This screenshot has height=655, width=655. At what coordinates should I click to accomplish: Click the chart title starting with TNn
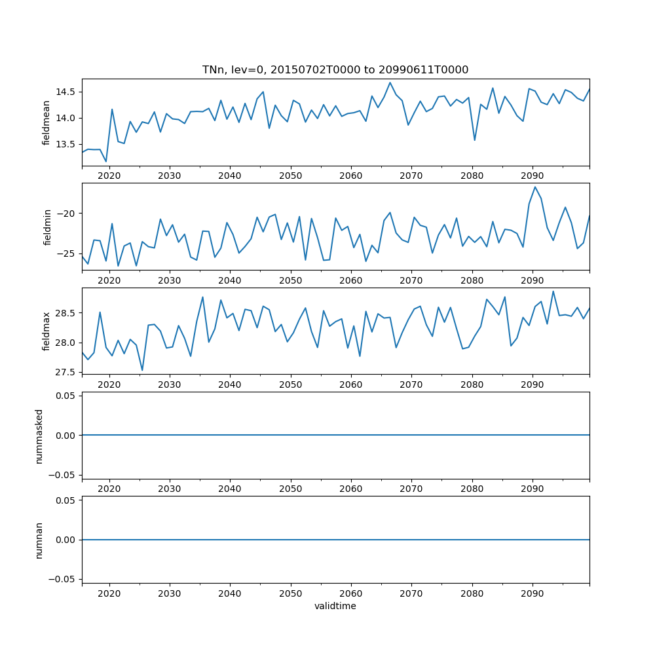335,70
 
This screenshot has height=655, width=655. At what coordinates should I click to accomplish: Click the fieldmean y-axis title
46,122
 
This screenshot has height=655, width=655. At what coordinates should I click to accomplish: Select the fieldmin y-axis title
46,227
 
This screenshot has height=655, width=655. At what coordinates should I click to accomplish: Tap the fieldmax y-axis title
46,331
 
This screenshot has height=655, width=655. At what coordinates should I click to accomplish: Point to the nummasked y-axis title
39,436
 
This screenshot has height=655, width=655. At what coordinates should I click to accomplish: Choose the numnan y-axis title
39,540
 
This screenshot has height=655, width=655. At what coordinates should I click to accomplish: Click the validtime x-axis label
335,606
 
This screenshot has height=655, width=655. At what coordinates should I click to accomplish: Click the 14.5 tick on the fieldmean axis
65,92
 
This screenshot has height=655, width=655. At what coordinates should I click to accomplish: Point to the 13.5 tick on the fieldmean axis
65,144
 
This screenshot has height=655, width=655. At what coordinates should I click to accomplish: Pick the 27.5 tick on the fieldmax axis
65,372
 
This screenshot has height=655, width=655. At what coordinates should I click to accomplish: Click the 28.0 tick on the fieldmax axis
65,343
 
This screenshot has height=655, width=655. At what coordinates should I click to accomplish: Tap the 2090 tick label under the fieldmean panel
532,176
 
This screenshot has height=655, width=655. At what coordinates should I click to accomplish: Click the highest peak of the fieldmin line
535,187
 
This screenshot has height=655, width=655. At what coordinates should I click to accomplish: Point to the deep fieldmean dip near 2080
475,140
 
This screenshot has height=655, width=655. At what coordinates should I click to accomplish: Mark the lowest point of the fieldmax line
142,370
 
